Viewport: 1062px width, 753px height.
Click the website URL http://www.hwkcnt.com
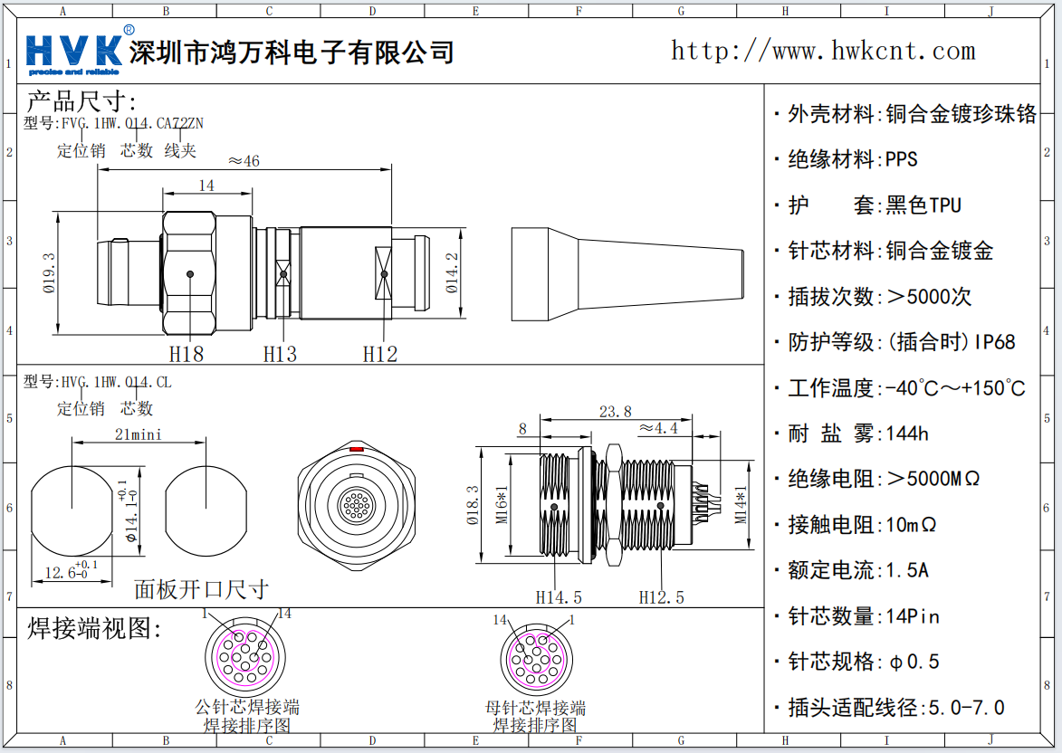822,51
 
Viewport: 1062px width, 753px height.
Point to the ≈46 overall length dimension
244,161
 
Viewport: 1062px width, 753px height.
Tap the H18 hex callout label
187,354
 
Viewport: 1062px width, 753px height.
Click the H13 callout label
280,354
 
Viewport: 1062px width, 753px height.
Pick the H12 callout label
380,354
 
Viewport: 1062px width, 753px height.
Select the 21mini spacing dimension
138,434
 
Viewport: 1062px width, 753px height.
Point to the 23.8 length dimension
616,412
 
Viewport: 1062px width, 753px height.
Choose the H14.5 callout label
559,597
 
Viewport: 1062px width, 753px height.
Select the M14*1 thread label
741,505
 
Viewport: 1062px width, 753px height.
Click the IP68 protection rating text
995,342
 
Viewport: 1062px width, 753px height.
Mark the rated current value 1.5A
907,570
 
